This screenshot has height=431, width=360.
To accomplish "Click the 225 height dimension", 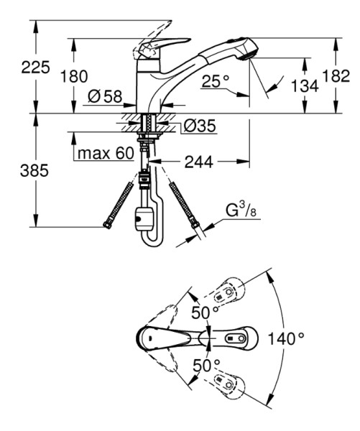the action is (x=35, y=68).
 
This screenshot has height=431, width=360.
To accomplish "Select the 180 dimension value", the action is (x=74, y=76).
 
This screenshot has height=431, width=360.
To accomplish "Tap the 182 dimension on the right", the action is (x=336, y=75).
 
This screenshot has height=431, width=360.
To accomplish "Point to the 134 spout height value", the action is (x=305, y=85).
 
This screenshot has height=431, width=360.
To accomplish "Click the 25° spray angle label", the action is (x=216, y=81).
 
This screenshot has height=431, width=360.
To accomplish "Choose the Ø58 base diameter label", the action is (x=105, y=97).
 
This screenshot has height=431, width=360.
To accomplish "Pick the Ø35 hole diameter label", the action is (x=200, y=126).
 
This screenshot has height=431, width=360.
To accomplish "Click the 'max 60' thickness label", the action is (x=106, y=153).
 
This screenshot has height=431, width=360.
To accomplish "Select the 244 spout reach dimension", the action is (x=198, y=162).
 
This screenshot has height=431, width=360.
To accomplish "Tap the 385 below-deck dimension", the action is (x=34, y=170).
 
